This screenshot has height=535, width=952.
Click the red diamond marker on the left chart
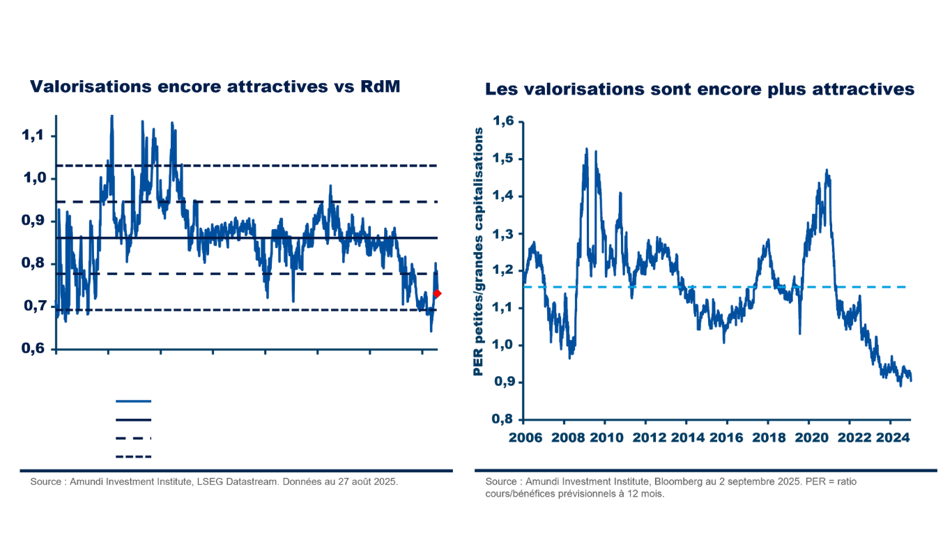pos(437,294)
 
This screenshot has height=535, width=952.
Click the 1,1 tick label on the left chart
pos(33,135)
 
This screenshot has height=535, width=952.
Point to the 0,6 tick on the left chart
pos(33,349)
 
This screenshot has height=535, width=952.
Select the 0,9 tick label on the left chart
pos(33,221)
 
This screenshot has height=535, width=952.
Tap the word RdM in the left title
pos(380,87)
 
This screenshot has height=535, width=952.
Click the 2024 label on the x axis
pos(890,437)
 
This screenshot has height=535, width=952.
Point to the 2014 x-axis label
pos(686,437)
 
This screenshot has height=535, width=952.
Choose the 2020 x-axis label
pos(808,437)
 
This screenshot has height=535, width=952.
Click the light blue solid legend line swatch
pos(133,401)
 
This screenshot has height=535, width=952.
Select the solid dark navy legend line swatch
pos(133,420)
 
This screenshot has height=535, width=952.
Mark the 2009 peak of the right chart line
pos(587,148)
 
